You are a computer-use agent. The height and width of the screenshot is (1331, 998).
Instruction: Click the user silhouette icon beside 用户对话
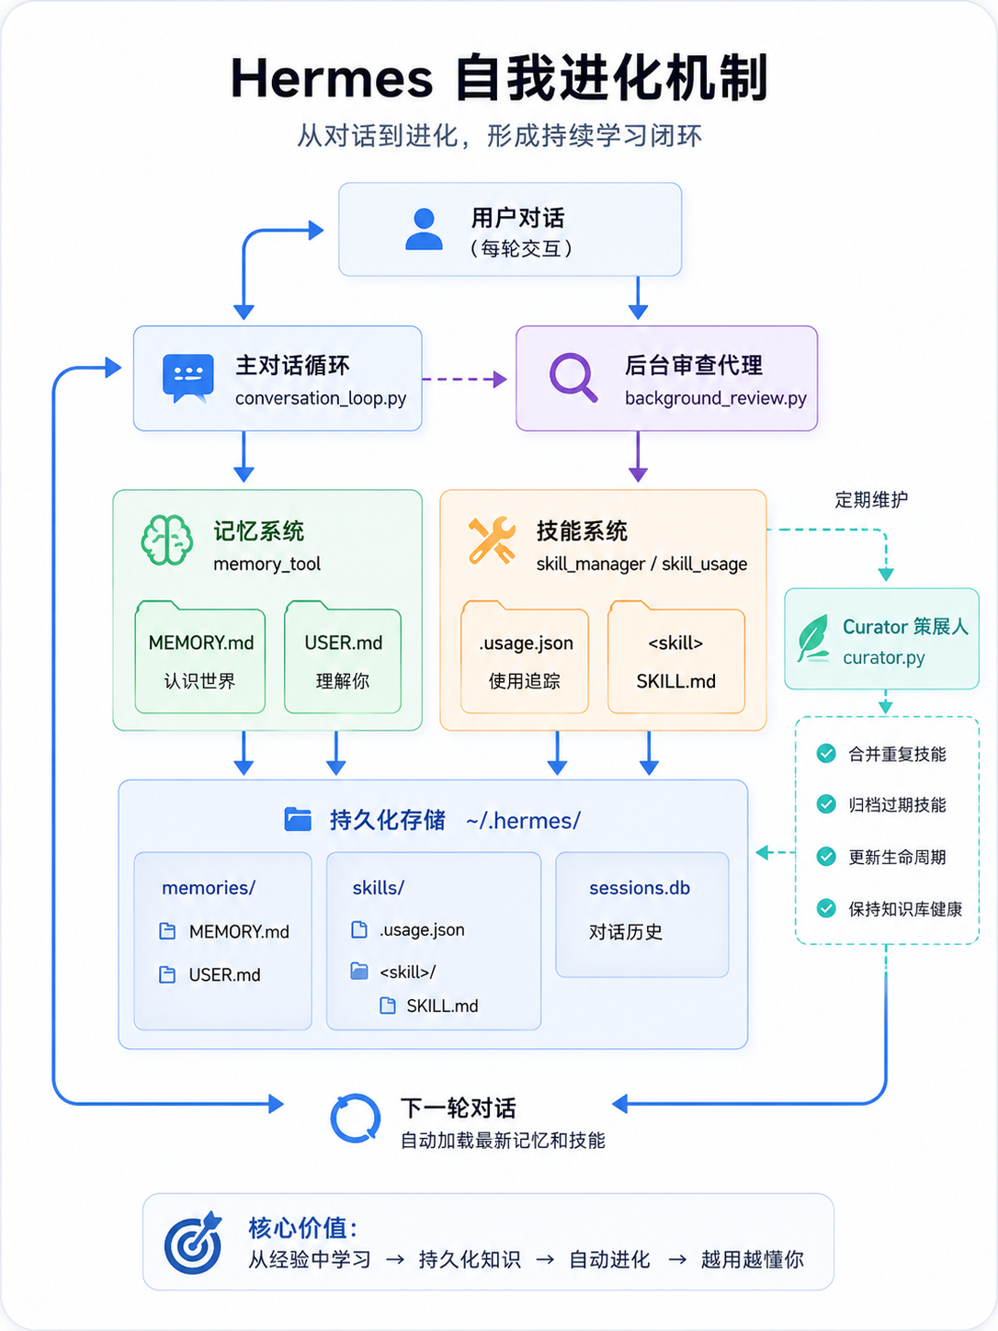point(424,229)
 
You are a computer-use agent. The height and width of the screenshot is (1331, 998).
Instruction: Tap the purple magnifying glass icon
point(573,377)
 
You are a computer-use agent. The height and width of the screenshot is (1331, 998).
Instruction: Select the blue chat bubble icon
point(187,379)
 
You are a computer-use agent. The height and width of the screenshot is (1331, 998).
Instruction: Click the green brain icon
point(166,540)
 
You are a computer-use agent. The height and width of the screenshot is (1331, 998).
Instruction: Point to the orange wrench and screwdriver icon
point(492,540)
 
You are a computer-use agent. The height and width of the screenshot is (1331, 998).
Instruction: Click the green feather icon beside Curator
point(813,638)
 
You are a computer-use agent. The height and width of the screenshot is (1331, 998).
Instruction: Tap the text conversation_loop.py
point(321,398)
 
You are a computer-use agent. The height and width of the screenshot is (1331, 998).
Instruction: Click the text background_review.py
point(716,398)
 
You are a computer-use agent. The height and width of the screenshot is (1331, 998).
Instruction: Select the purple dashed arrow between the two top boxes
point(464,379)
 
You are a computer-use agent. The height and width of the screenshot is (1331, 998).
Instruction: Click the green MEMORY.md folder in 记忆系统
point(200,656)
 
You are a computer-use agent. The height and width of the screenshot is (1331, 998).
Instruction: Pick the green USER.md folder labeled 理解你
point(343,656)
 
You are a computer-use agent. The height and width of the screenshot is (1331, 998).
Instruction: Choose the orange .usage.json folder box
point(525,656)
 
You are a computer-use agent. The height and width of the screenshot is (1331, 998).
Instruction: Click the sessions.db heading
point(640,888)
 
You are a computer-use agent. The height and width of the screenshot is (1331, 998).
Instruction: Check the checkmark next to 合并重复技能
point(826,753)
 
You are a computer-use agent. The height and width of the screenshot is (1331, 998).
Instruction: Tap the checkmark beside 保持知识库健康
point(826,908)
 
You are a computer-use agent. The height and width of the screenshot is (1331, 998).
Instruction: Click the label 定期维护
point(871,500)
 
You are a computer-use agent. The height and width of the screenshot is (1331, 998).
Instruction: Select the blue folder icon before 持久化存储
point(298,819)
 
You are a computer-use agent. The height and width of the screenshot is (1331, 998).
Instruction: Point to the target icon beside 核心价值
point(193,1242)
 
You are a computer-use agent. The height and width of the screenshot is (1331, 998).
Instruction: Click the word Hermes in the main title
point(332,78)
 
